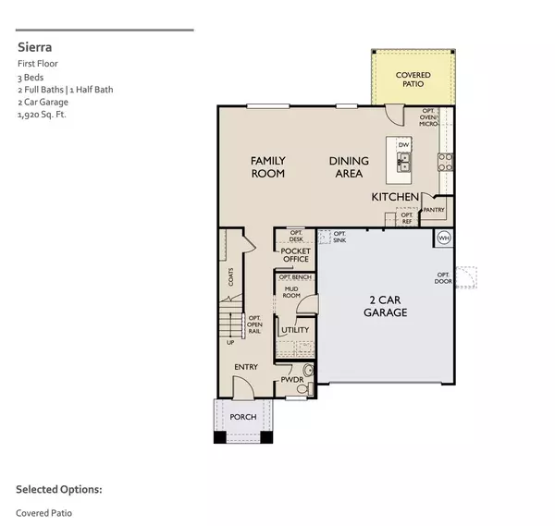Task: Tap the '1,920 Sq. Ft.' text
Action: coord(43,116)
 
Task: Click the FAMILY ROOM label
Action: coord(267,167)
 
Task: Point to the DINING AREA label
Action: coord(349,167)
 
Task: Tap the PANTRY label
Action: coord(434,210)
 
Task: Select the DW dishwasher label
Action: coord(403,145)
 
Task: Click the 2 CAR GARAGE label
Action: coord(387,307)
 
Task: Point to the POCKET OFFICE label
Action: coord(296,255)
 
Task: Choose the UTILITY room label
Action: coord(295,329)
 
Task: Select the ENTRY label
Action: coord(246,367)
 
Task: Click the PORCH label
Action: coord(243,417)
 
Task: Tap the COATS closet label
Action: coord(231,277)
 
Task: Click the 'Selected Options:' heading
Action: coord(58,489)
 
